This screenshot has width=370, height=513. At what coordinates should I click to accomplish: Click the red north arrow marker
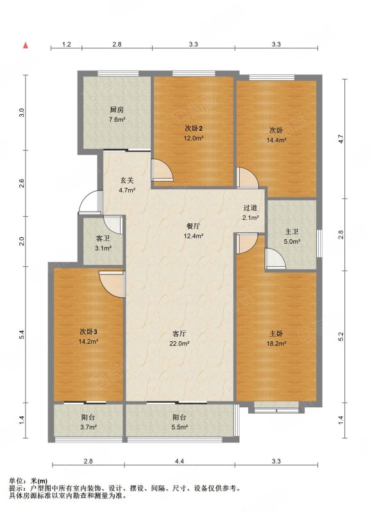pyautogui.click(x=25, y=46)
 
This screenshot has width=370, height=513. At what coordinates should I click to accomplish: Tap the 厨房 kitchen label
pyautogui.click(x=117, y=110)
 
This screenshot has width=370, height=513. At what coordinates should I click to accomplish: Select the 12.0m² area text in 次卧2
pyautogui.click(x=194, y=138)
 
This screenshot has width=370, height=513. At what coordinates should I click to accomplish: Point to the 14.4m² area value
pyautogui.click(x=276, y=140)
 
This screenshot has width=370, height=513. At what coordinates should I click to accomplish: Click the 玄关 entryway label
pyautogui.click(x=126, y=180)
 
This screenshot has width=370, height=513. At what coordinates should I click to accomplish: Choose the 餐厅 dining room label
pyautogui.click(x=193, y=226)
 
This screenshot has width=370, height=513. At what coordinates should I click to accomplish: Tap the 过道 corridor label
pyautogui.click(x=250, y=208)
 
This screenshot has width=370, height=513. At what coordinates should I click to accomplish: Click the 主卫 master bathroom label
pyautogui.click(x=292, y=232)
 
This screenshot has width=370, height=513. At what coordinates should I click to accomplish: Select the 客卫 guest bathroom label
pyautogui.click(x=103, y=239)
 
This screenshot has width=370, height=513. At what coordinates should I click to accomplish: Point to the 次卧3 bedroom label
pyautogui.click(x=88, y=332)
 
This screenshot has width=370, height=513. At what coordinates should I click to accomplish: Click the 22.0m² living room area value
pyautogui.click(x=180, y=344)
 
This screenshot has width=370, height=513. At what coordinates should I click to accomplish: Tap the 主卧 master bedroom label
pyautogui.click(x=276, y=333)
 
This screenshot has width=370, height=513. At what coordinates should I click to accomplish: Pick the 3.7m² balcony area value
pyautogui.click(x=88, y=427)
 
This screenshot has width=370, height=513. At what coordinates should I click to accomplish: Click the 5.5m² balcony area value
pyautogui.click(x=180, y=427)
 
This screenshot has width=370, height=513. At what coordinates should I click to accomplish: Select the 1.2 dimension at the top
pyautogui.click(x=67, y=44)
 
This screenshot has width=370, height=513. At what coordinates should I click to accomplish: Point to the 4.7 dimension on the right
pyautogui.click(x=341, y=139)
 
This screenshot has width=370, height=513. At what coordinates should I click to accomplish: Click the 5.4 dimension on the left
pyautogui.click(x=22, y=335)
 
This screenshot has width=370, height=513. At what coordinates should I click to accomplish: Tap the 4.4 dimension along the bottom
pyautogui.click(x=180, y=461)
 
